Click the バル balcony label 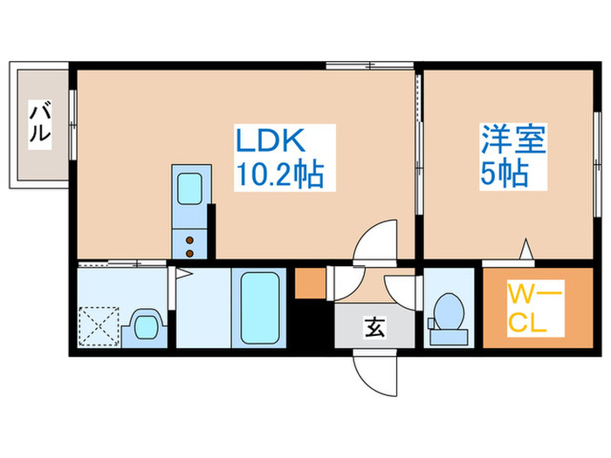[40, 122]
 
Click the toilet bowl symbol [448, 311]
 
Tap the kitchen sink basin [188, 188]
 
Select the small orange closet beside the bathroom [309, 284]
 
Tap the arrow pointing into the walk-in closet [526, 250]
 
